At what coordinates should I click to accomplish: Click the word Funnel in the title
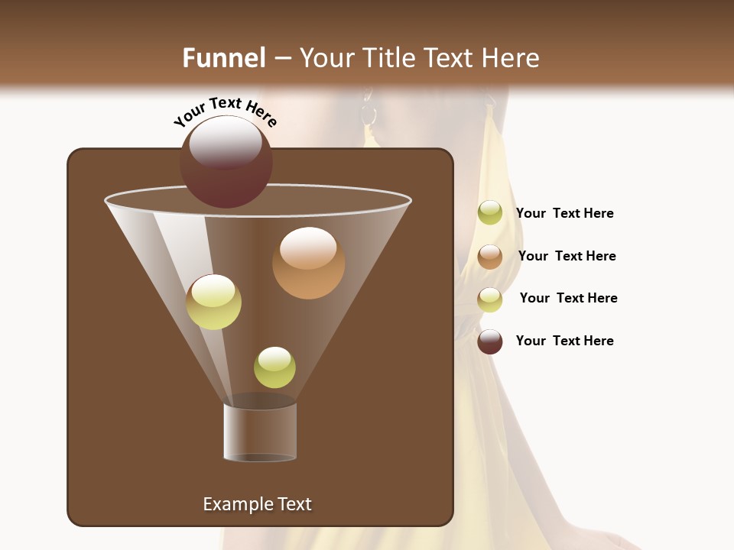(224, 58)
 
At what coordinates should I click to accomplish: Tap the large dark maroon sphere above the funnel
(226, 162)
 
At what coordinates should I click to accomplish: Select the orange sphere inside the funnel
(308, 263)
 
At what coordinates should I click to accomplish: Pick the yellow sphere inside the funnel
(213, 302)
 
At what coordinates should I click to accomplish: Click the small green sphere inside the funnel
(274, 367)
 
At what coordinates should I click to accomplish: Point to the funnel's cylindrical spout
(260, 432)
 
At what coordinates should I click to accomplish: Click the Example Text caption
(257, 504)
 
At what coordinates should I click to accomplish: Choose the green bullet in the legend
(490, 213)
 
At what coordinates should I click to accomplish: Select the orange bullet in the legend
(490, 257)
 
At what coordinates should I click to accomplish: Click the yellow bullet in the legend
(490, 299)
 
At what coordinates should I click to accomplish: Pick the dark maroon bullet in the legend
(490, 341)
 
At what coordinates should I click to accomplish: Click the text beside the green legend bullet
(564, 214)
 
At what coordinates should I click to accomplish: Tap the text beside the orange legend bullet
(567, 256)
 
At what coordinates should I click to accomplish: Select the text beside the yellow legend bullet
(568, 298)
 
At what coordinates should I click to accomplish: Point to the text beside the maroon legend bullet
(564, 341)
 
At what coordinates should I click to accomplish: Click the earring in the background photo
(369, 114)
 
